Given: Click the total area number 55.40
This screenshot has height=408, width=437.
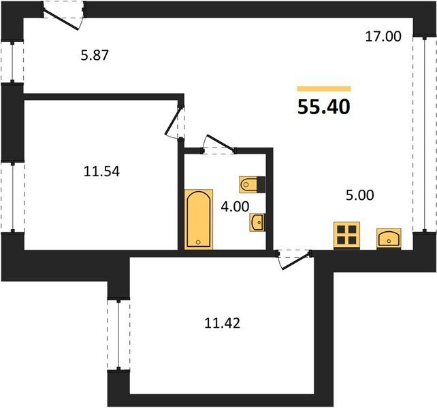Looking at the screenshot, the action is click(323, 107).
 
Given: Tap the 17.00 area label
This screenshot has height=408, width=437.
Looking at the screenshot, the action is click(383, 37).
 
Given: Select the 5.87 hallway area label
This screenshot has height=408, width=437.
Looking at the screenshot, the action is click(95, 55).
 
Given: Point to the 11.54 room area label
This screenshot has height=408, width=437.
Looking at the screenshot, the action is click(101, 171).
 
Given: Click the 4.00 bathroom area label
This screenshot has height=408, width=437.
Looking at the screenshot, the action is click(235, 207).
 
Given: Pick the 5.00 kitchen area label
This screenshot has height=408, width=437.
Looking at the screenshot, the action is click(360, 195).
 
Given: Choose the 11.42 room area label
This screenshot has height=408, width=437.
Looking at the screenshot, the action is click(222, 323).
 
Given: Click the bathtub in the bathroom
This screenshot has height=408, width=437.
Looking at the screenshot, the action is click(199, 219).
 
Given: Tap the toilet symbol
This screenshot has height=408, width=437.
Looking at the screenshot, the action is click(252, 184).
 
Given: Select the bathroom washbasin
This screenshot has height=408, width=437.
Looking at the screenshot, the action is click(257, 222).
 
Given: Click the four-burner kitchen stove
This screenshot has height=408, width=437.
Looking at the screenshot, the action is click(346, 235).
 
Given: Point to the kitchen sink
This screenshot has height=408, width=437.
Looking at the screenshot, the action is click(389, 238).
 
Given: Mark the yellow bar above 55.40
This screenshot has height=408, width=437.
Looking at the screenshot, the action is click(323, 89).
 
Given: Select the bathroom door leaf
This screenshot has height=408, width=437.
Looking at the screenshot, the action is click(221, 143).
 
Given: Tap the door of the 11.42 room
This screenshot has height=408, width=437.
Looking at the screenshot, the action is click(295, 262).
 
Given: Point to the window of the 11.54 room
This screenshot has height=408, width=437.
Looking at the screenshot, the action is click(12, 197).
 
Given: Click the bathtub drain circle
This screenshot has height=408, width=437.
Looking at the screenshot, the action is click(198, 242).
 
